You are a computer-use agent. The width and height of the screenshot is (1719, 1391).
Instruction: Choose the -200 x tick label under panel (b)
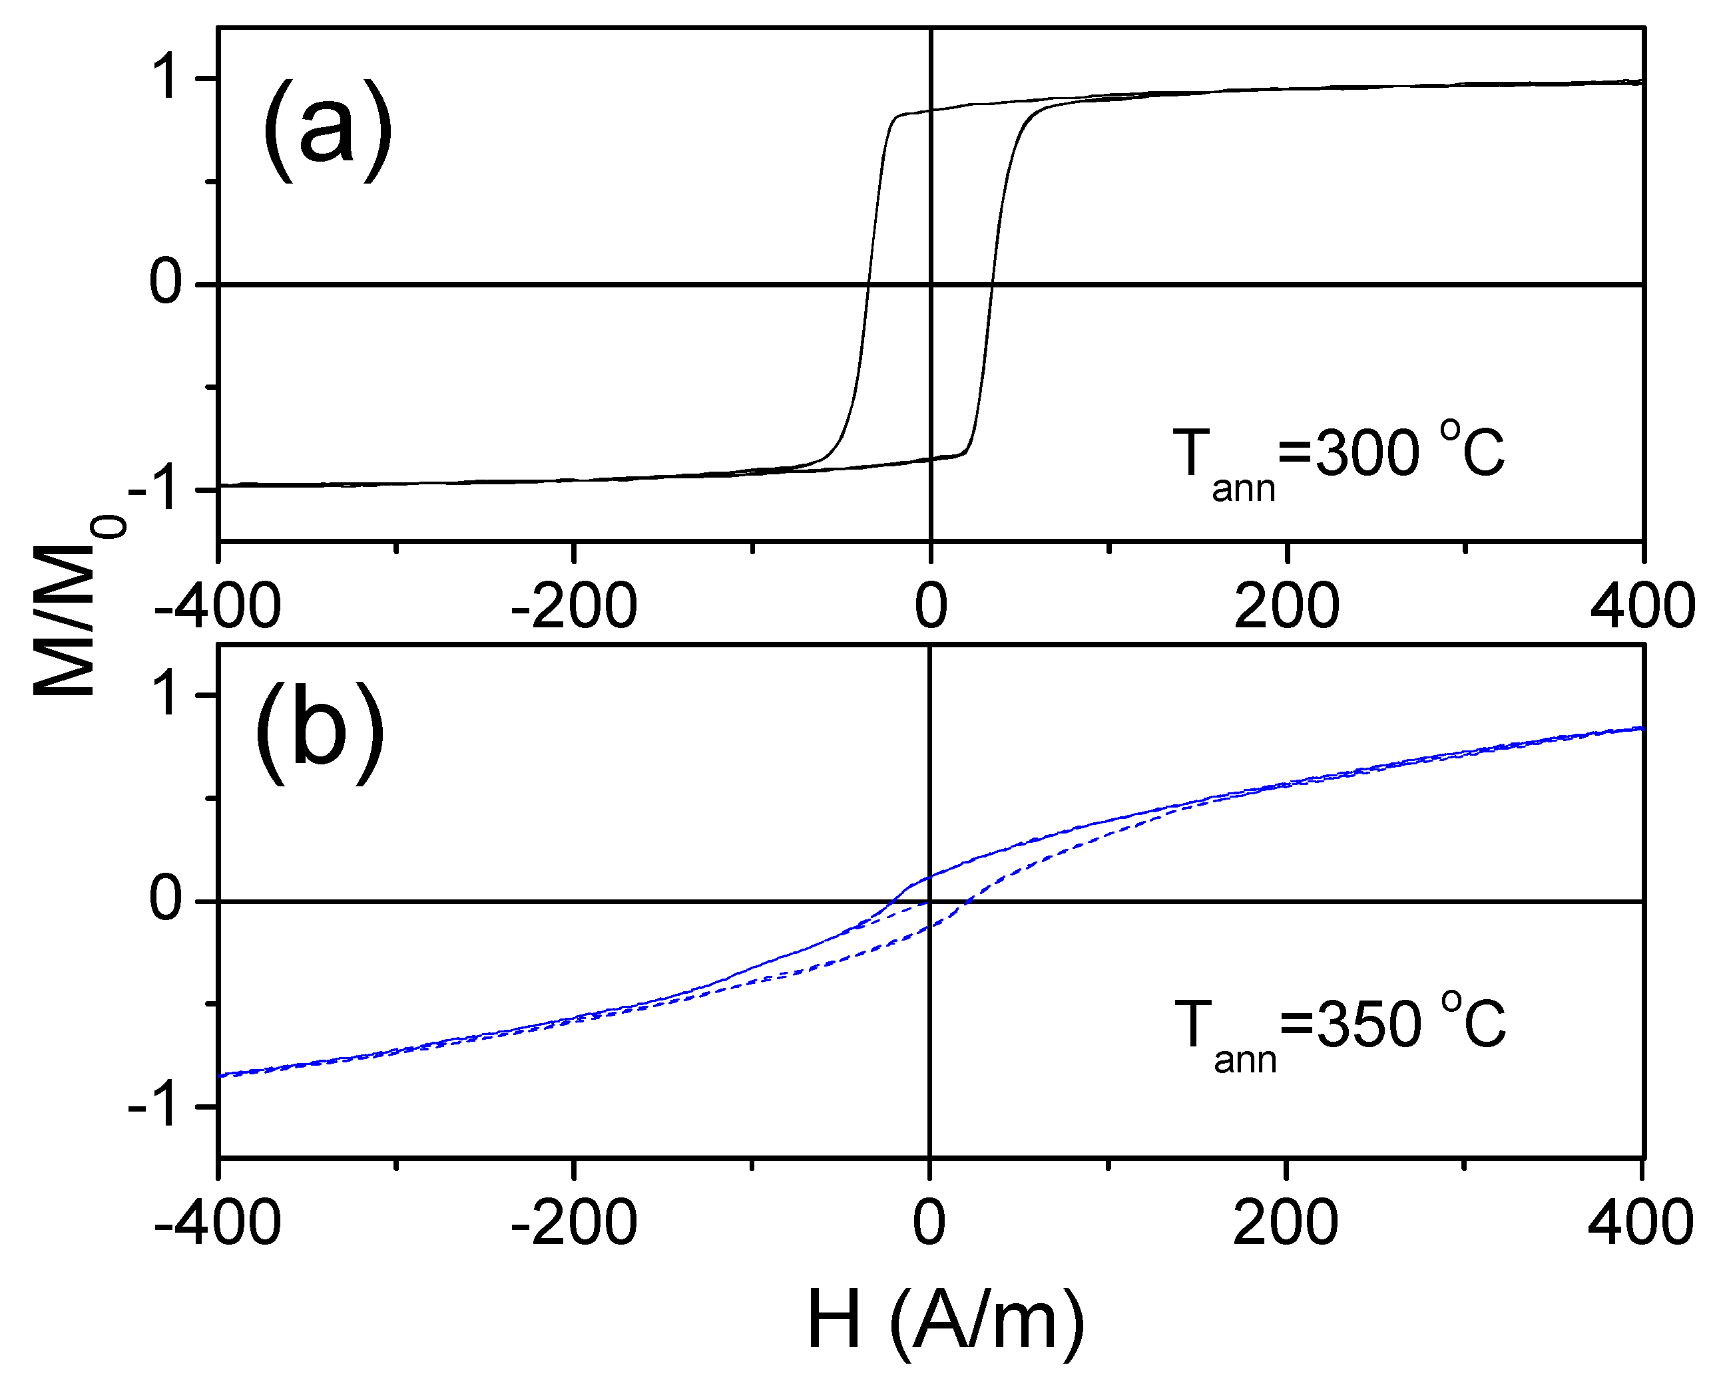(x=573, y=1223)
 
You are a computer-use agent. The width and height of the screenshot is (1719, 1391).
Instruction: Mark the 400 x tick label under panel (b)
(x=1640, y=1223)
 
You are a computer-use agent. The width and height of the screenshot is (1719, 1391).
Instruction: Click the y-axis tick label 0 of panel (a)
(x=165, y=283)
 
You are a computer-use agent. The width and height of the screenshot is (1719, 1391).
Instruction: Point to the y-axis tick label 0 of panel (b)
(x=165, y=901)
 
